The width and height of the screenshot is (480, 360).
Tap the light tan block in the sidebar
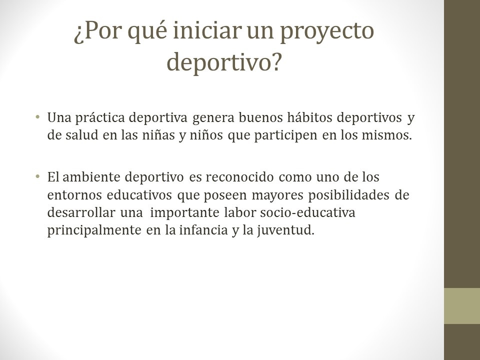tap(462, 306)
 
